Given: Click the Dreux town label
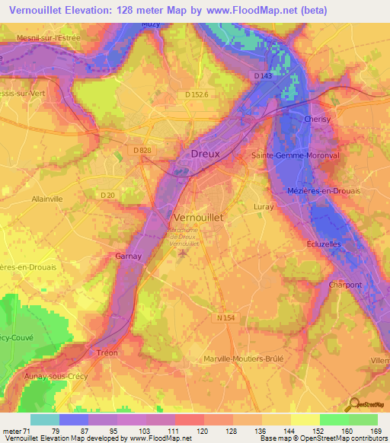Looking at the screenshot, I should pyautogui.click(x=205, y=153).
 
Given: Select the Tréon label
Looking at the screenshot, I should pyautogui.click(x=107, y=353).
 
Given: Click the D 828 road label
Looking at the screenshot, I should pyautogui.click(x=142, y=151).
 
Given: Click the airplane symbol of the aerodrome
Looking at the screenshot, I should pyautogui.click(x=182, y=253).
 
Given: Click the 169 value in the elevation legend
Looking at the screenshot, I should pyautogui.click(x=374, y=431).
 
